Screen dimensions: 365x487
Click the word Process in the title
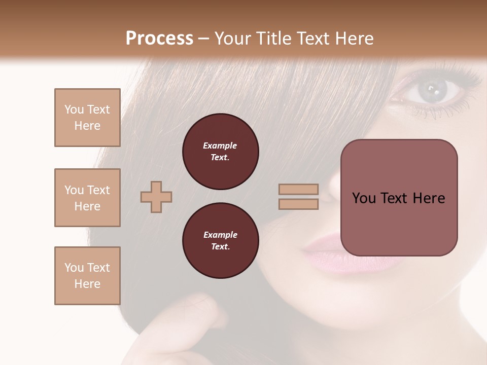(159, 38)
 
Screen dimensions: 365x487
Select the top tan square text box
(87, 118)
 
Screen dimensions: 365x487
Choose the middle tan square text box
(87, 198)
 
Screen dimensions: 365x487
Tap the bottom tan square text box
(87, 276)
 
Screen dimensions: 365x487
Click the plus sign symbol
(156, 197)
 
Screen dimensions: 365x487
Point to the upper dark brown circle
(220, 152)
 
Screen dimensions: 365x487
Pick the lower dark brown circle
(220, 241)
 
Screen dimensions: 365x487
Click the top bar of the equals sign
(298, 190)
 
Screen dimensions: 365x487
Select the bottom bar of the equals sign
(298, 204)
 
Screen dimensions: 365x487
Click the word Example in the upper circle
(220, 145)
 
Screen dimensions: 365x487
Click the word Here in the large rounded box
(429, 198)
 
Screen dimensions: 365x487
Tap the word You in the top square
(74, 109)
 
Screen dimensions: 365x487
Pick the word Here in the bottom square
(87, 284)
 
